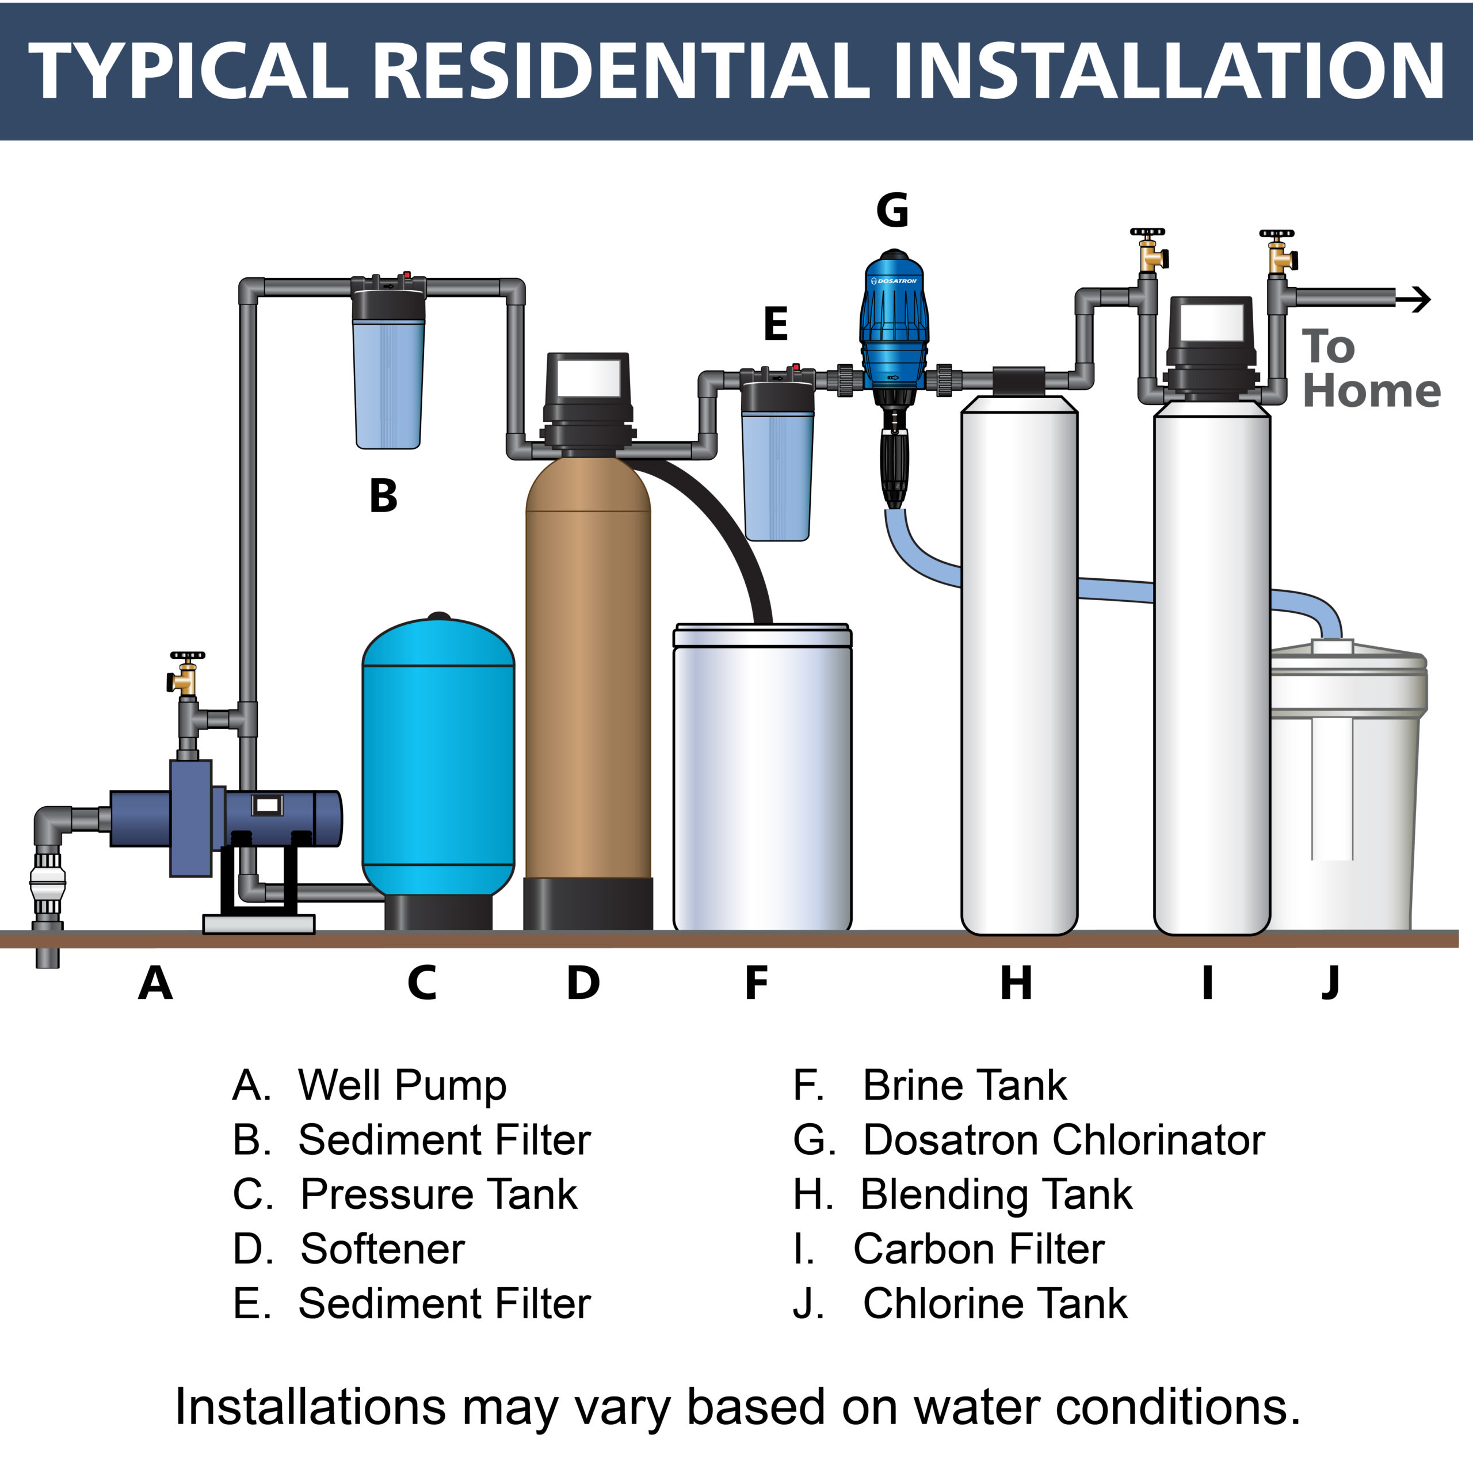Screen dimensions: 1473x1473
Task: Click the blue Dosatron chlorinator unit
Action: point(894,320)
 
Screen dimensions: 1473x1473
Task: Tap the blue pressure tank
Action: point(438,762)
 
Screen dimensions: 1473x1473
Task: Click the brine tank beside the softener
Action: point(762,778)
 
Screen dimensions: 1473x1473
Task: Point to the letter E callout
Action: point(776,324)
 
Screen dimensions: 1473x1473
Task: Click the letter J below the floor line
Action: point(1330,983)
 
